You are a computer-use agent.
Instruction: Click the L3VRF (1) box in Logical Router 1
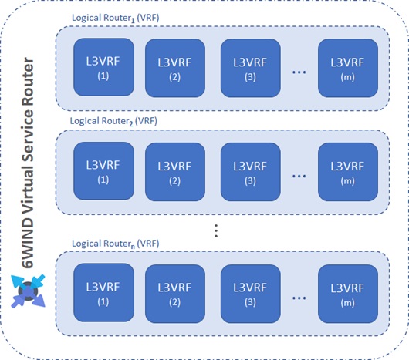coord(104,67)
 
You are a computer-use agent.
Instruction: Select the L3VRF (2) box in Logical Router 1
coord(175,68)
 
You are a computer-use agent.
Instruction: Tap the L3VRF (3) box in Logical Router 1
coord(250,68)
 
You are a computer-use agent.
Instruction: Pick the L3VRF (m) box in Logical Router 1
coord(348,68)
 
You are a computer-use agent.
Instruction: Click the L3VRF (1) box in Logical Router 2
coord(104,171)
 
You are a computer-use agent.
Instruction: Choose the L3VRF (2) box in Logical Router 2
coord(175,172)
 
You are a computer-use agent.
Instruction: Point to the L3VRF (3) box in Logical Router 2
coord(250,172)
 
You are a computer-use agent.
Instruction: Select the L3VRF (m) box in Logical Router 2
coord(348,172)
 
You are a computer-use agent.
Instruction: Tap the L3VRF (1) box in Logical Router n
coord(104,293)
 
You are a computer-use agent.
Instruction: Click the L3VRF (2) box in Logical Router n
coord(175,294)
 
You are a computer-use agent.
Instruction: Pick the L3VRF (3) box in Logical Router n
coord(250,294)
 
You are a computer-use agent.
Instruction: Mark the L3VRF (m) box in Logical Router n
coord(348,294)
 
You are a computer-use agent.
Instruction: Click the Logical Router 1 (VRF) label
coord(115,18)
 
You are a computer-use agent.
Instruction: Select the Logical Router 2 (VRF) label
coord(113,121)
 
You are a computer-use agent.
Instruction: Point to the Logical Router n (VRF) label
coord(115,244)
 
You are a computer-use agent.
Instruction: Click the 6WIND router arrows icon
coord(28,291)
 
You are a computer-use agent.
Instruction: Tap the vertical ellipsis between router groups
coord(216,230)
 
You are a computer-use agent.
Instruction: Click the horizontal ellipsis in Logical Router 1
coord(299,72)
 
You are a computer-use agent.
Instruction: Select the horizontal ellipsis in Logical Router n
coord(299,298)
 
